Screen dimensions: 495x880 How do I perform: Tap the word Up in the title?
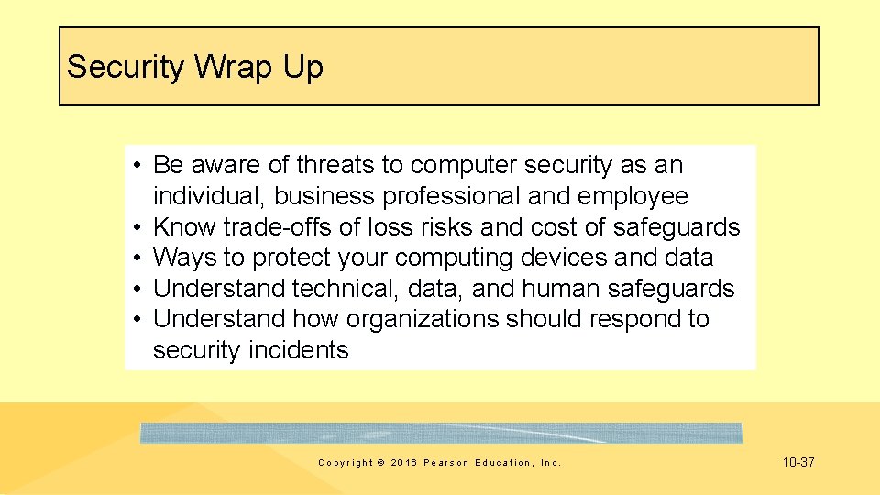(303, 67)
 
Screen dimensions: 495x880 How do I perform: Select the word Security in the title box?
(125, 67)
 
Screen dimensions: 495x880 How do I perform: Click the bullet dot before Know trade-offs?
(135, 226)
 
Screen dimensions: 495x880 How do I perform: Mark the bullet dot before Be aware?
(135, 165)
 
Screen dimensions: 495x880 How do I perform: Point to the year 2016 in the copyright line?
(403, 463)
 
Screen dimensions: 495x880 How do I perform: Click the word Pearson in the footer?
(446, 463)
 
